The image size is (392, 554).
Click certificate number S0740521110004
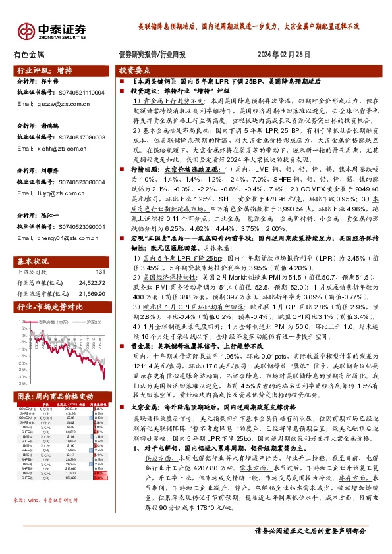pyautogui.click(x=83, y=93)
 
